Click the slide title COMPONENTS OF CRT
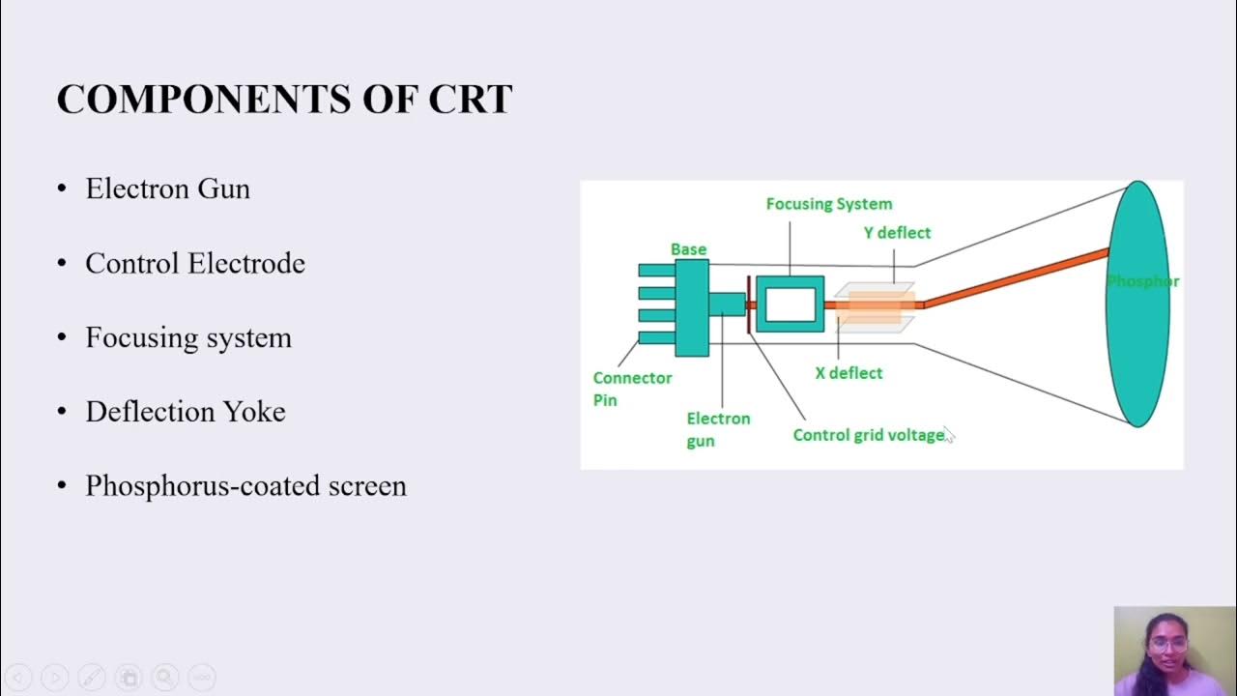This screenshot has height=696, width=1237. (284, 100)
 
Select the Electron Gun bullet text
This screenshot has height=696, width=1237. (167, 188)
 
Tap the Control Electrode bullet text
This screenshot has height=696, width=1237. (194, 263)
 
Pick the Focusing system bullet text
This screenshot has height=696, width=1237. (187, 337)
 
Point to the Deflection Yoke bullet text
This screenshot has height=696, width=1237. (185, 412)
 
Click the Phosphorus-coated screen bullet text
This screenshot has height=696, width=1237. (245, 485)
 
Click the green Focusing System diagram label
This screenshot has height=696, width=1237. (828, 204)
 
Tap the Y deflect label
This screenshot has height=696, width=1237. (897, 233)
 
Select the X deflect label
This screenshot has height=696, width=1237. (849, 373)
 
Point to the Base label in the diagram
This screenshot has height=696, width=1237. (688, 249)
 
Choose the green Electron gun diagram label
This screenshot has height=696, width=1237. (718, 429)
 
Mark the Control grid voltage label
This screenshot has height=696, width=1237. (868, 435)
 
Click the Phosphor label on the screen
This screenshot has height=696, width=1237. (1142, 281)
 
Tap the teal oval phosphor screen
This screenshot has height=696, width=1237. (1136, 348)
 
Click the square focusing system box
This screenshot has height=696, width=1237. (790, 304)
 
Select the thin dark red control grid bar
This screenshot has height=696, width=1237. (749, 304)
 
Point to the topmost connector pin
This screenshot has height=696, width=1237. (657, 270)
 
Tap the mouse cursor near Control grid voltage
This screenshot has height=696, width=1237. (949, 435)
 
